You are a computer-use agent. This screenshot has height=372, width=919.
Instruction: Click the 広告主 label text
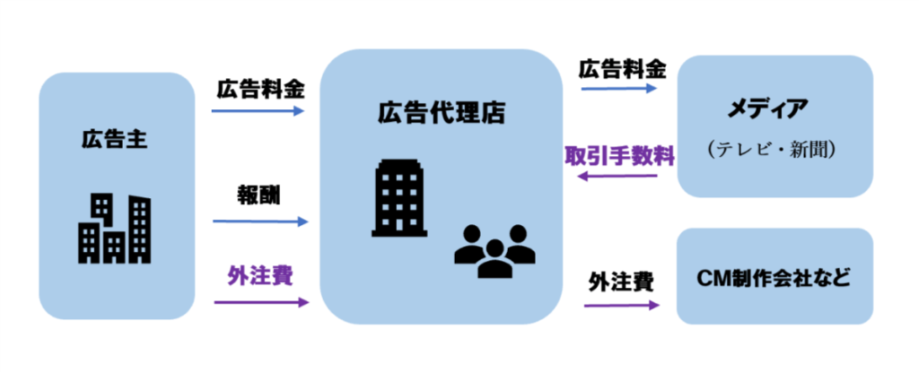coord(113,140)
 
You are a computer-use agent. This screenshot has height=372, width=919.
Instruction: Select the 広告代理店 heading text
coord(441,113)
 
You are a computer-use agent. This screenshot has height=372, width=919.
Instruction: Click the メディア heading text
coord(773,110)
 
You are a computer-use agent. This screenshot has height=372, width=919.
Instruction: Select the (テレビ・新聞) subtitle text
coord(773,150)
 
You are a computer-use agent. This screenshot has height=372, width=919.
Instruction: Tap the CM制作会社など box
coord(775,277)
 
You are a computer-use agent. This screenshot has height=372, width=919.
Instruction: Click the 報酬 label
coord(258,195)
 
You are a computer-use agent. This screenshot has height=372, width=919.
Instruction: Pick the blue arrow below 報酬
coord(260,221)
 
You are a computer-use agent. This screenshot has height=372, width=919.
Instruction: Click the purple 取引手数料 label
coord(619,155)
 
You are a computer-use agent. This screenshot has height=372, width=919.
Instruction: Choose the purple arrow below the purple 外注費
coord(260,301)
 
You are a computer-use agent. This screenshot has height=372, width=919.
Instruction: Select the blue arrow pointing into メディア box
coord(619,90)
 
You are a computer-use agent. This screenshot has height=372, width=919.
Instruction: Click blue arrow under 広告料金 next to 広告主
coord(258,111)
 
